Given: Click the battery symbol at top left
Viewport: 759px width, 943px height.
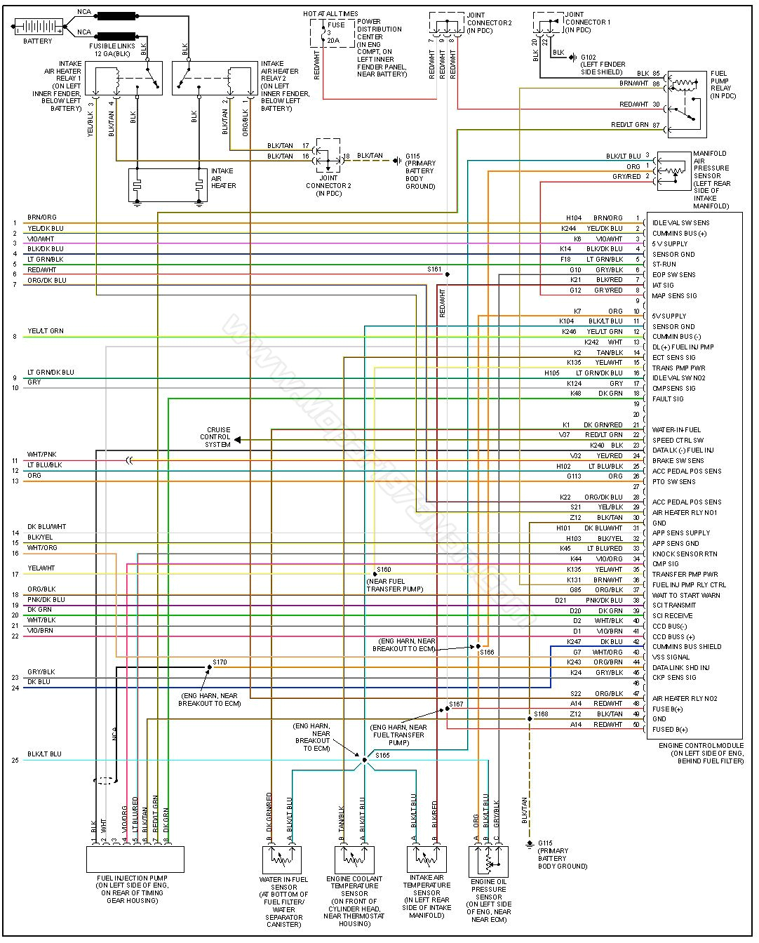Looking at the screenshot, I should tap(38, 27).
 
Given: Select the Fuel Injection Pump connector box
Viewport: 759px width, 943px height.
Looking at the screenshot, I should tap(135, 858).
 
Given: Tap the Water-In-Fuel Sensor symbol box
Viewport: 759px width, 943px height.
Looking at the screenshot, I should tap(281, 860).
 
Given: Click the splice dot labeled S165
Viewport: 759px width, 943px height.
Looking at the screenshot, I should tap(365, 760).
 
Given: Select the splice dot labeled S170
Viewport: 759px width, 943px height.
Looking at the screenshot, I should tap(209, 667).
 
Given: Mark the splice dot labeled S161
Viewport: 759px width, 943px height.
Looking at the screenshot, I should tap(447, 274).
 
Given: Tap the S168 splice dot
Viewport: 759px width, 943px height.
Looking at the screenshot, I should tap(530, 718).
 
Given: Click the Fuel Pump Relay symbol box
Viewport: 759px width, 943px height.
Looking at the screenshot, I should tap(687, 103).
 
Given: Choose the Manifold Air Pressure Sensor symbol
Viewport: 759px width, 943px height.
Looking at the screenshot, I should tap(673, 171).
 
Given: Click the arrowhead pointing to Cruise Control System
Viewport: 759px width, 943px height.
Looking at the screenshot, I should tap(238, 440).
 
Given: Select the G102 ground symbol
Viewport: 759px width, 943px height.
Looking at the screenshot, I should tap(573, 58).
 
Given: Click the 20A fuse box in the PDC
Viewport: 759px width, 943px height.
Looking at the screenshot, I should tap(332, 33).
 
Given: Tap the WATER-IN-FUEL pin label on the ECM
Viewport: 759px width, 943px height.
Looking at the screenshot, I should tap(676, 430).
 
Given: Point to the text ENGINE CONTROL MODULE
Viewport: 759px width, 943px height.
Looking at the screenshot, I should tap(701, 746).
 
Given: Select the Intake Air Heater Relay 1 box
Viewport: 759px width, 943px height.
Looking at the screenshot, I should tap(124, 78).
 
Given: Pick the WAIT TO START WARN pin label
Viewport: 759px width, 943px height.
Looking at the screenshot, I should tap(685, 595).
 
